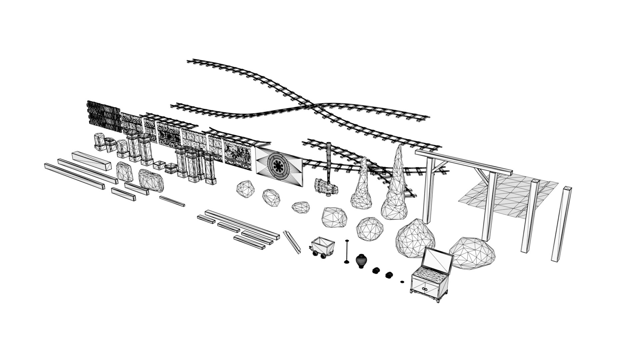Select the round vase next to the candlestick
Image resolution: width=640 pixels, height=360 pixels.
click(361, 261)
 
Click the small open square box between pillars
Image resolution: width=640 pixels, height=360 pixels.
click(159, 165)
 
